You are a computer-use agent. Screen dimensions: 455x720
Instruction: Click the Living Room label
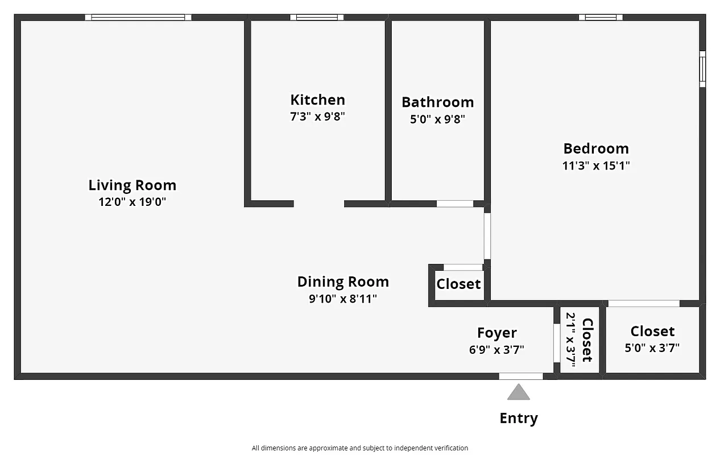click(132, 185)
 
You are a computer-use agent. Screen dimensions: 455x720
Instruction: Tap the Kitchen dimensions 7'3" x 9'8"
click(317, 117)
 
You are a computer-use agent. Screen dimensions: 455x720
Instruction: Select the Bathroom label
click(437, 102)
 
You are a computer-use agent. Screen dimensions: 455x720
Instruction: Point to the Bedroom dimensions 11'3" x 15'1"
click(596, 166)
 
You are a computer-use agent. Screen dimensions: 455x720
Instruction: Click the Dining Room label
click(343, 282)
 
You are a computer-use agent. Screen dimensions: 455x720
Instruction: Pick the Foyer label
click(496, 333)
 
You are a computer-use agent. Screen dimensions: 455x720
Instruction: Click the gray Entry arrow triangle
click(518, 392)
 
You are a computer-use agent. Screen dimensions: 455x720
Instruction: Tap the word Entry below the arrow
click(518, 419)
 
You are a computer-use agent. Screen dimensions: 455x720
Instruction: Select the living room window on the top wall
click(138, 18)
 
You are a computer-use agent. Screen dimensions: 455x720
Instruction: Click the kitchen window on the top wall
click(317, 18)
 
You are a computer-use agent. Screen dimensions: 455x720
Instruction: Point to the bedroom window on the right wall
click(702, 69)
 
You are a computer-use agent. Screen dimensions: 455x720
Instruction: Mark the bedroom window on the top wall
click(601, 18)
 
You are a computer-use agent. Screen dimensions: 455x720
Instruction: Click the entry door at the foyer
click(520, 376)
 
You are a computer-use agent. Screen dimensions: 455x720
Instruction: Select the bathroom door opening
click(455, 204)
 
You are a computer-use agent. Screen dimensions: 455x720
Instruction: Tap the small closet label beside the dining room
click(458, 284)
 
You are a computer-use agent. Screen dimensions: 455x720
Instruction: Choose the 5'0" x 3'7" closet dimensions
click(652, 348)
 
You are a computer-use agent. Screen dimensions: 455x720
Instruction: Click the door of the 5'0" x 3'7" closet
click(644, 303)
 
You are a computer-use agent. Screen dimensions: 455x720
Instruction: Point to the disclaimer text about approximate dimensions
click(360, 448)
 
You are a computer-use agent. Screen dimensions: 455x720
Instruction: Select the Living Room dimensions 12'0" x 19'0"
click(132, 202)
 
